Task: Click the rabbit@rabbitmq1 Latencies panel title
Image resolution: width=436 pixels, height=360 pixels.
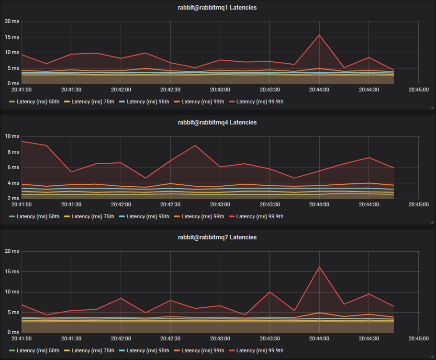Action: (217, 8)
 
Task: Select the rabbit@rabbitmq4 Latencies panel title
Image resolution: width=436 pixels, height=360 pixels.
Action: (217, 123)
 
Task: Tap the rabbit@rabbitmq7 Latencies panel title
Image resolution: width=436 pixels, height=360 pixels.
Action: (217, 237)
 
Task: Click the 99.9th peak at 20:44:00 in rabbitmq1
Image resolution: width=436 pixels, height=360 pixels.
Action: (319, 35)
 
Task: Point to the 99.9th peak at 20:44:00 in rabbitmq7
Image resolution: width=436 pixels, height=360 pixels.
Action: (319, 267)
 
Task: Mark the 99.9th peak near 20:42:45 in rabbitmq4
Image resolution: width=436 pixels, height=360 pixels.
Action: (195, 146)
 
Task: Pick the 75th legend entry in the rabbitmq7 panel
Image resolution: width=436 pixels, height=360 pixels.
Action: (92, 350)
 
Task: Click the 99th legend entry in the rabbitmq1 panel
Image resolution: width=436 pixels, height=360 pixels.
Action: (202, 101)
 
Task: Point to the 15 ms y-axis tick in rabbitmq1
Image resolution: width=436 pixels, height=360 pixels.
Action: (12, 37)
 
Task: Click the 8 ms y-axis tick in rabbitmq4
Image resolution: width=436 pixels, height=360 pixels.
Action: (12, 152)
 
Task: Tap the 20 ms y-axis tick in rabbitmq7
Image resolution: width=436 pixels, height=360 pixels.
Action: (12, 251)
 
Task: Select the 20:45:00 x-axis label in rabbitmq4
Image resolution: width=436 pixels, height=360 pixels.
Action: (419, 204)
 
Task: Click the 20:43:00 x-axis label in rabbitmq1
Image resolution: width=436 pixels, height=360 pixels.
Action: (220, 90)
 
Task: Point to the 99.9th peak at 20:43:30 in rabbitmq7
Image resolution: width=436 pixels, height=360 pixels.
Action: (270, 292)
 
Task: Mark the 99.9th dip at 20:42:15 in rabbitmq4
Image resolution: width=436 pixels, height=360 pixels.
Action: (145, 178)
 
